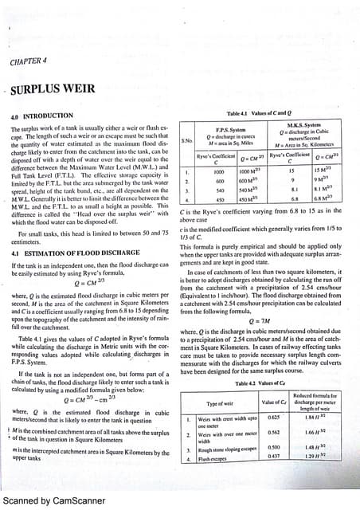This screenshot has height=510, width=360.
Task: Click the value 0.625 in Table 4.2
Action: pos(274,417)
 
